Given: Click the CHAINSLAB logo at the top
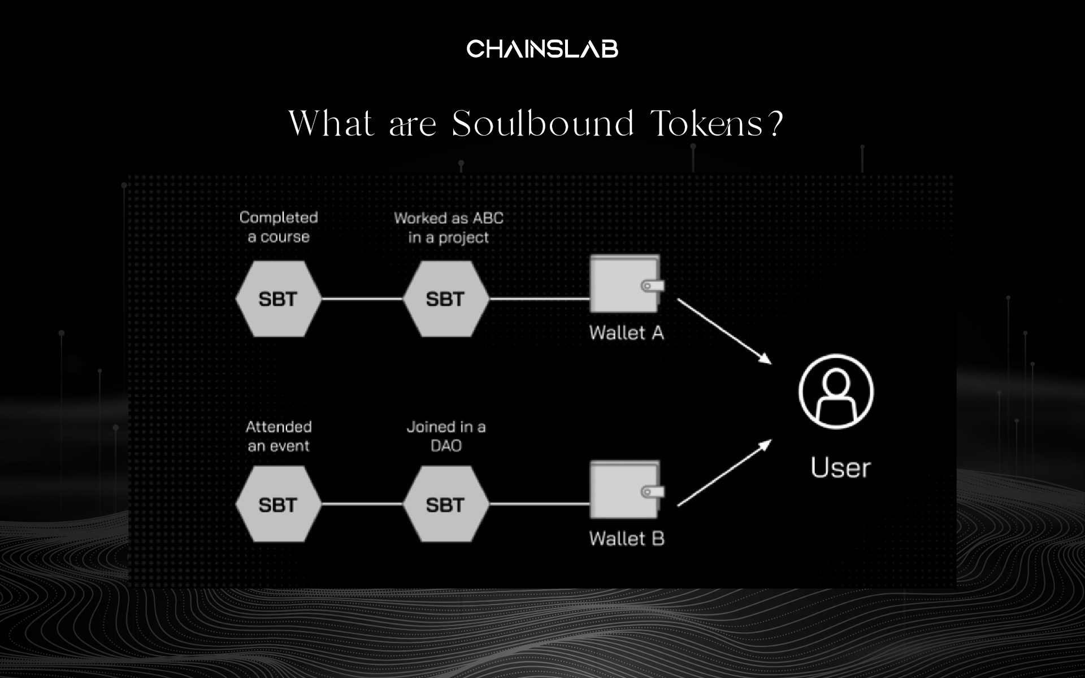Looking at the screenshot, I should click(x=542, y=49).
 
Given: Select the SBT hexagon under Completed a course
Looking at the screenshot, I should click(x=278, y=299).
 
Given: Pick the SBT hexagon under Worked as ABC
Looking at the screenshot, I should click(x=445, y=299).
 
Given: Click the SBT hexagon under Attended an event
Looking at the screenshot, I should click(x=278, y=505).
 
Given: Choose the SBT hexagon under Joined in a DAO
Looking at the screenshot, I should click(x=445, y=505).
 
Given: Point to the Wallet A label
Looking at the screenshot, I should click(x=626, y=333).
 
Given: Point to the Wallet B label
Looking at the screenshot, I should click(x=626, y=538).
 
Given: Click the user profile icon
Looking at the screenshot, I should click(x=836, y=391).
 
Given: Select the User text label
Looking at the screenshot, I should click(x=840, y=468).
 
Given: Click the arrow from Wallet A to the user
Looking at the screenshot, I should click(x=724, y=331).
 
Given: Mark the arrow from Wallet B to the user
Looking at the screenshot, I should click(x=724, y=473).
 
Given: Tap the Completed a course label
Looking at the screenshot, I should click(x=279, y=227).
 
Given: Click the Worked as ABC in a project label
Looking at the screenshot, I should click(x=449, y=228).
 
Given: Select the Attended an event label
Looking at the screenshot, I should click(x=279, y=436).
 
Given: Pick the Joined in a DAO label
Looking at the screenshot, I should click(x=446, y=436).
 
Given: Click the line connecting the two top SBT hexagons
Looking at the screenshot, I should click(x=362, y=299).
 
